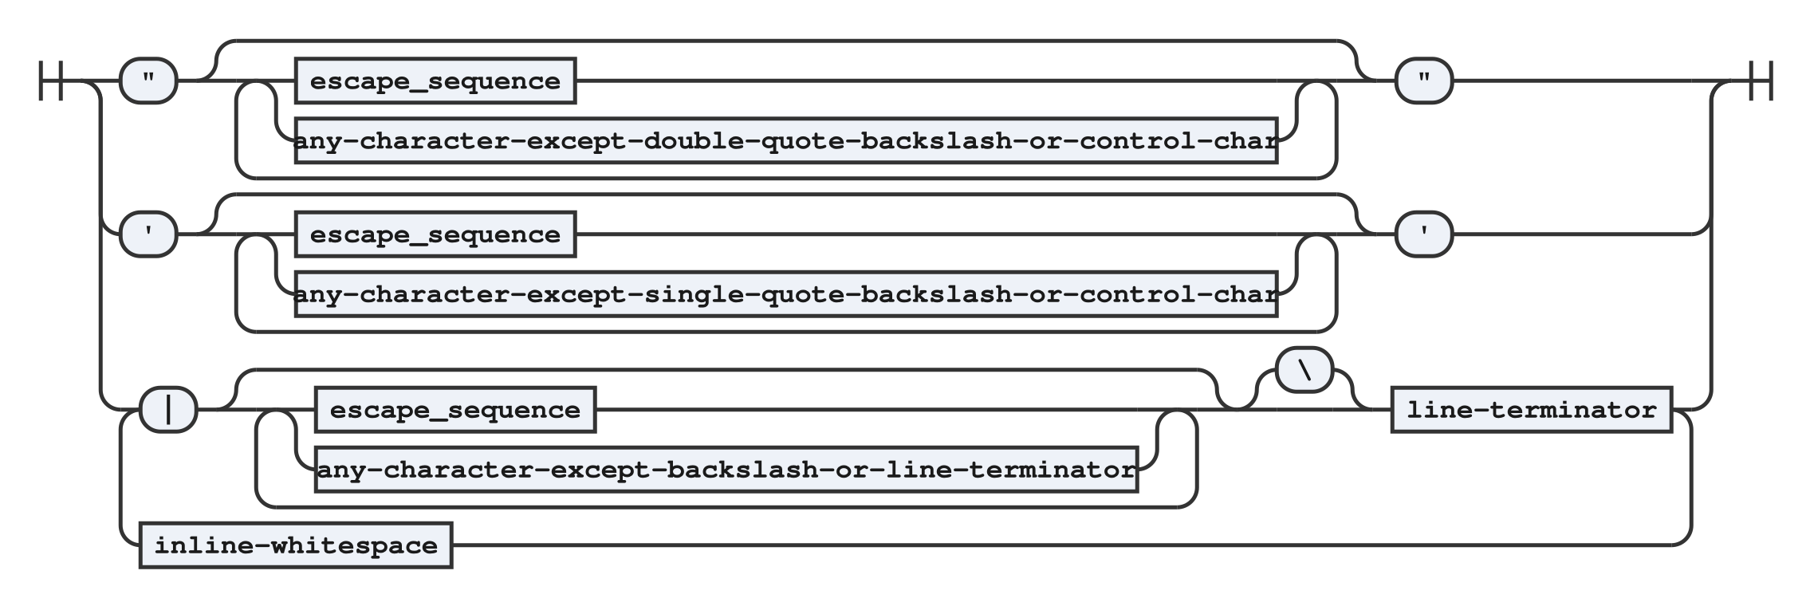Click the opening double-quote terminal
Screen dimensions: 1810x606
click(x=148, y=81)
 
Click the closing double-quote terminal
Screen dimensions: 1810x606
click(x=1424, y=81)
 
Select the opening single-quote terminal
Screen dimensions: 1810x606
click(x=148, y=234)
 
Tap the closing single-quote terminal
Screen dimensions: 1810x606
click(x=1424, y=234)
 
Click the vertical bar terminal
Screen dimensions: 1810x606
click(x=168, y=410)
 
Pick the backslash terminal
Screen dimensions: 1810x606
click(x=1304, y=370)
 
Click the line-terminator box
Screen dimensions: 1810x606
click(x=1532, y=410)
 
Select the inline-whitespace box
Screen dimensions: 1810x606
click(x=296, y=545)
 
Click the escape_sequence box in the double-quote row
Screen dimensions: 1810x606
click(x=435, y=81)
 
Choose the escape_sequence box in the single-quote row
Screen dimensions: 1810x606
click(x=435, y=234)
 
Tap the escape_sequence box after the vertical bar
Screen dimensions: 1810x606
click(x=455, y=410)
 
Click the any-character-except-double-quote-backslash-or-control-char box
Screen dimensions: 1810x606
click(x=786, y=141)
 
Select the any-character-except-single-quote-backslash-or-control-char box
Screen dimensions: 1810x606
click(x=786, y=295)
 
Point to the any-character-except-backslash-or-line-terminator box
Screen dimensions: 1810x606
click(x=726, y=470)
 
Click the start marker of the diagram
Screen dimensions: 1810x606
click(x=51, y=81)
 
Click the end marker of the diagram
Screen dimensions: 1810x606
click(x=1760, y=81)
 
